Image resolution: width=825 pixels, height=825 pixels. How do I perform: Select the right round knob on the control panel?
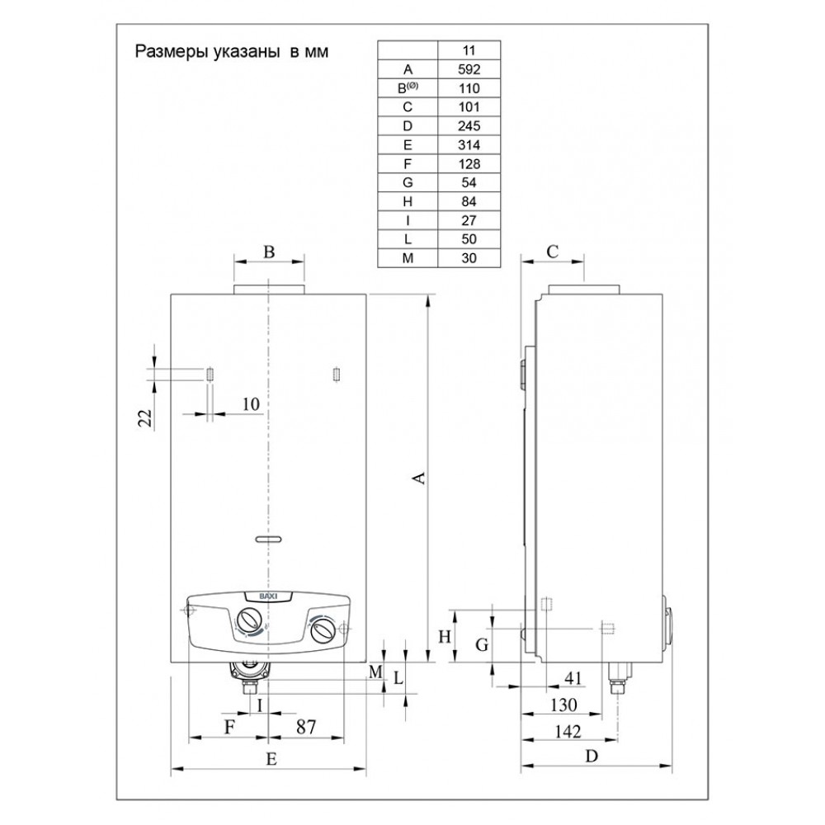pyautogui.click(x=323, y=630)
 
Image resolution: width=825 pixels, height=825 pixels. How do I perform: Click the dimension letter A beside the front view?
pyautogui.click(x=419, y=478)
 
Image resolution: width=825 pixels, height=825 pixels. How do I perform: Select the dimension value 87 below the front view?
pyautogui.click(x=305, y=727)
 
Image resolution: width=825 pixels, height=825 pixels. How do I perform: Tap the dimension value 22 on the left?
pyautogui.click(x=146, y=417)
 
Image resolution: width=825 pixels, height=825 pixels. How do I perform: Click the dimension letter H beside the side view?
pyautogui.click(x=443, y=636)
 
